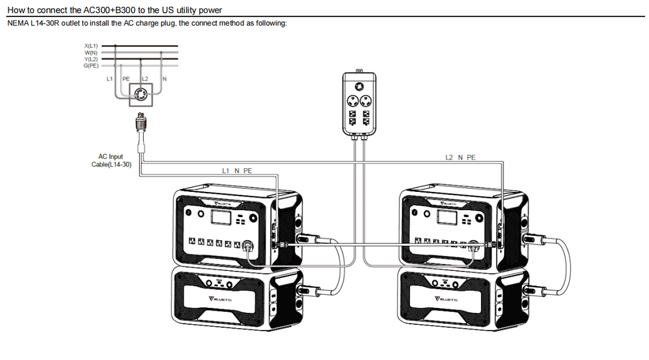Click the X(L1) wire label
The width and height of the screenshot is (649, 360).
point(91,46)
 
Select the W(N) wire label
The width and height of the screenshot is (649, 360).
point(91,53)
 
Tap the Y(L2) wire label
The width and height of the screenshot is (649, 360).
point(91,59)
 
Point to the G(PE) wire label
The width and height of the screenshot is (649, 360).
point(91,65)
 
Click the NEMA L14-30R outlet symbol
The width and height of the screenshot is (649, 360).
point(140,95)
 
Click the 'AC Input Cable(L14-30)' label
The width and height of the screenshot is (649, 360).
point(111,161)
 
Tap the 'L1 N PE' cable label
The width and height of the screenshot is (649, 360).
point(237,171)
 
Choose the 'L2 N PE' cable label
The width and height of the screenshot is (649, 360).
point(460,157)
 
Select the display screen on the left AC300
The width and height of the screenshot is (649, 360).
point(221,218)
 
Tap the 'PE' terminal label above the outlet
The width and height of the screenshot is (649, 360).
point(127,79)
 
